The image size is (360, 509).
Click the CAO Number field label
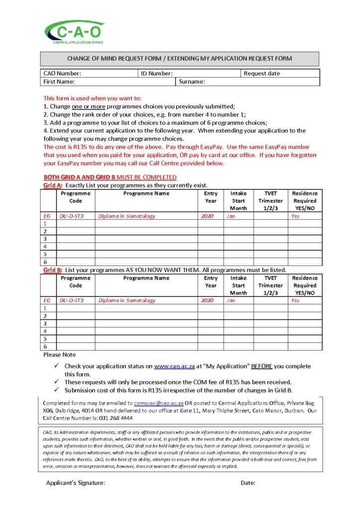tap(62, 74)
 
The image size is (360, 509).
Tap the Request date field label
tap(262, 74)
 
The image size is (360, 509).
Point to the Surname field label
tap(192, 82)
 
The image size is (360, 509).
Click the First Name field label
tap(59, 82)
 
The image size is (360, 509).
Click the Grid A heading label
tap(51, 185)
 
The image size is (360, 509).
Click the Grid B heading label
tap(51, 270)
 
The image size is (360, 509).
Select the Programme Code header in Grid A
tap(76, 197)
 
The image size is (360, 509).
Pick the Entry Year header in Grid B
tap(211, 282)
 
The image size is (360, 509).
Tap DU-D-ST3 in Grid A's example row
tap(72, 216)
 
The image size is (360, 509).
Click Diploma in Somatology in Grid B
tap(127, 301)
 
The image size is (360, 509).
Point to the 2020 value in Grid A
tap(207, 216)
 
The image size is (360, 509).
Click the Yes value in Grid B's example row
tap(295, 301)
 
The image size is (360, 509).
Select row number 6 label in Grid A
tap(45, 262)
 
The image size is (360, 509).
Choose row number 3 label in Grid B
tap(45, 324)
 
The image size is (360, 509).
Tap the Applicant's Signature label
tap(76, 483)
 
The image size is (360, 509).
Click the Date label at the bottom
tap(248, 483)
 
